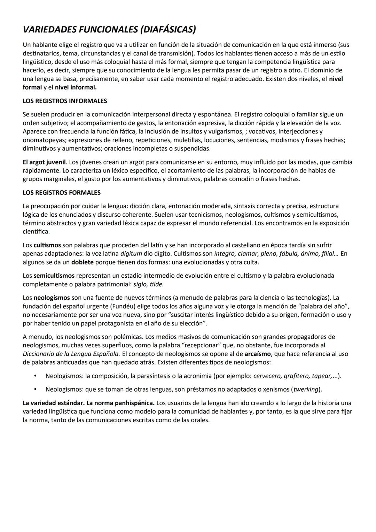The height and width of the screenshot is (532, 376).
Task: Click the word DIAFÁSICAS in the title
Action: pos(168,30)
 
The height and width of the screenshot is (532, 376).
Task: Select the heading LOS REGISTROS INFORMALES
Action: pos(65,101)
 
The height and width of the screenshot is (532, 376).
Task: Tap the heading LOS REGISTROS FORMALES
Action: pos(62,193)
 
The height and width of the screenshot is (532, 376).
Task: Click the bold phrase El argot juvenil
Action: pos(44,162)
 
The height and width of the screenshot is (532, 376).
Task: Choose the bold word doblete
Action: pos(83,262)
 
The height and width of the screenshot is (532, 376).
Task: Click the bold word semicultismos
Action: pos(54,276)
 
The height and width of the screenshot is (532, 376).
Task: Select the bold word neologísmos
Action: pos(52,298)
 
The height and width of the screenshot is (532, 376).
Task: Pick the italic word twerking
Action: pos(306,389)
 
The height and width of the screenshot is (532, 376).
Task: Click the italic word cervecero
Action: pos(267,376)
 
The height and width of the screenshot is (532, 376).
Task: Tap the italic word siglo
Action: pos(140,284)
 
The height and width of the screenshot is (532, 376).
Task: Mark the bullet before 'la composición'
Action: pos(35,376)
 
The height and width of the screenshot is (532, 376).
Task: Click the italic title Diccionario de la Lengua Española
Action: pos(71,354)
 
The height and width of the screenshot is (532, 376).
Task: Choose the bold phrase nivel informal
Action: pos(76,87)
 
